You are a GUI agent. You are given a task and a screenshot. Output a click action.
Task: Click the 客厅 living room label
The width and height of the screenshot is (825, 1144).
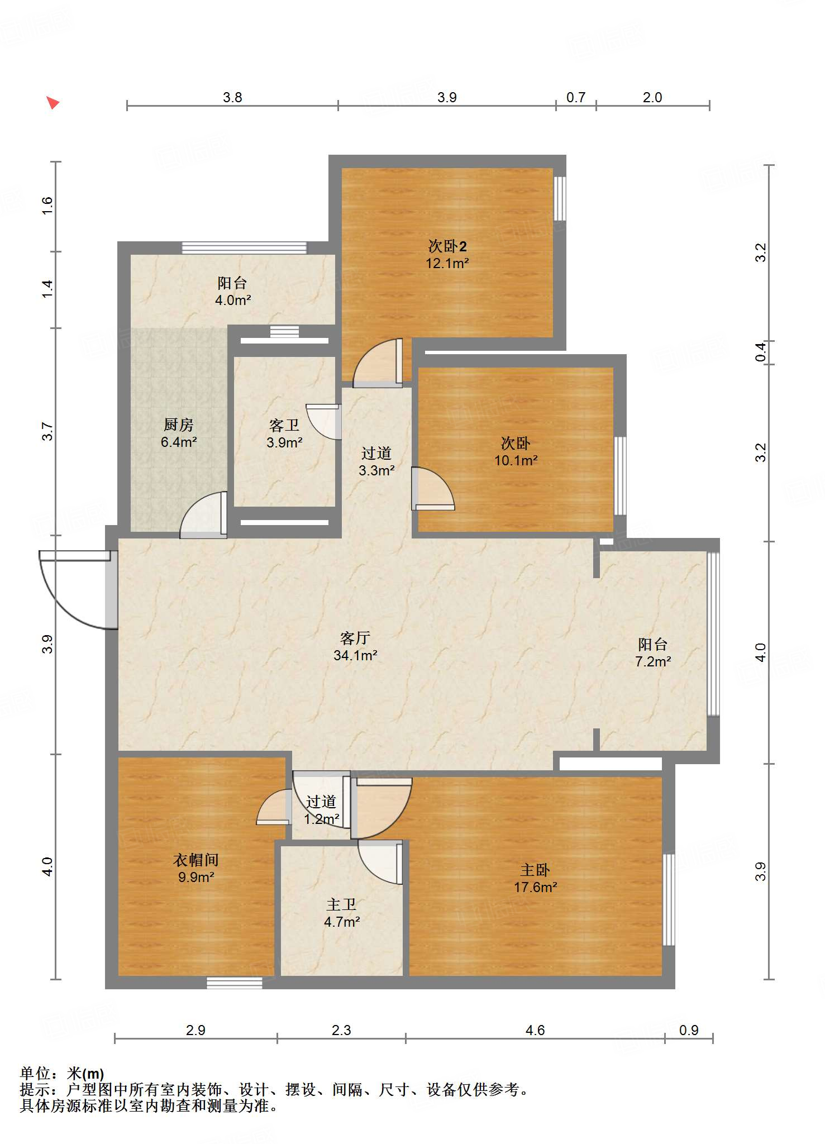coord(355,638)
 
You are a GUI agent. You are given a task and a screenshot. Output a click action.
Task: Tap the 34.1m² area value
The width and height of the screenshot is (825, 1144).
coord(355,655)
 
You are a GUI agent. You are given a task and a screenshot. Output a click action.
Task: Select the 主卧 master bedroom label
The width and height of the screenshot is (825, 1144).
coord(535,870)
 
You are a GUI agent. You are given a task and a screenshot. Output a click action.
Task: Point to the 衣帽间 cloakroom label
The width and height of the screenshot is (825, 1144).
coord(196,860)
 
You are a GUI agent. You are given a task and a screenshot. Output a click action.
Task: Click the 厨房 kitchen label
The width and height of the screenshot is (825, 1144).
coord(179,425)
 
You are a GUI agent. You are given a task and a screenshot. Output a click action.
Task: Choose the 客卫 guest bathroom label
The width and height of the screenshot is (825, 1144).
coord(284,426)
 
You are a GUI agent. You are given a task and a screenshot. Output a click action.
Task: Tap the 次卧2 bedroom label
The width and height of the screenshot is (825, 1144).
coord(447,246)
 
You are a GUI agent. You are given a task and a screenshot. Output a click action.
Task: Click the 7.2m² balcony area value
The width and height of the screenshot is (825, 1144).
coord(653,661)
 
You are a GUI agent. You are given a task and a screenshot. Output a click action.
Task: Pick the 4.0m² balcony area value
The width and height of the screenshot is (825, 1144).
coord(233,300)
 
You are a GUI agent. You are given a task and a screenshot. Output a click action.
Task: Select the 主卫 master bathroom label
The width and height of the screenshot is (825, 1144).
coord(341,904)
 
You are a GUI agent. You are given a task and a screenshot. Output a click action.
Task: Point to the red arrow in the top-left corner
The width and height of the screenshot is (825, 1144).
coord(53,103)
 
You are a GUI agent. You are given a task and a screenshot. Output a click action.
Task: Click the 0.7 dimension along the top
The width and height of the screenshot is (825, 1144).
coord(576,98)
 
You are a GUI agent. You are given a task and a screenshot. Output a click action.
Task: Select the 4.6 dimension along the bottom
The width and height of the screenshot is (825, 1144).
coord(535,1031)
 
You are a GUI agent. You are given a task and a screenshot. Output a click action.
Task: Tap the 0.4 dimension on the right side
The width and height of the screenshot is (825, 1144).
coord(761,352)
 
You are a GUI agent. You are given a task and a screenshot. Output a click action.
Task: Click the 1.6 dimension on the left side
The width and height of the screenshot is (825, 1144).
coord(47,206)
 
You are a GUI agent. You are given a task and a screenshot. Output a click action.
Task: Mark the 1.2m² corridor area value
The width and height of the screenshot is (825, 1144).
coord(322,819)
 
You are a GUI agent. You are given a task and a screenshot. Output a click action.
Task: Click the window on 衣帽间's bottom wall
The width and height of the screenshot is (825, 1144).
coord(235,983)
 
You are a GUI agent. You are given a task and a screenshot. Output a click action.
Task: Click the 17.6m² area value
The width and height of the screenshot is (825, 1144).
coord(536,887)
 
